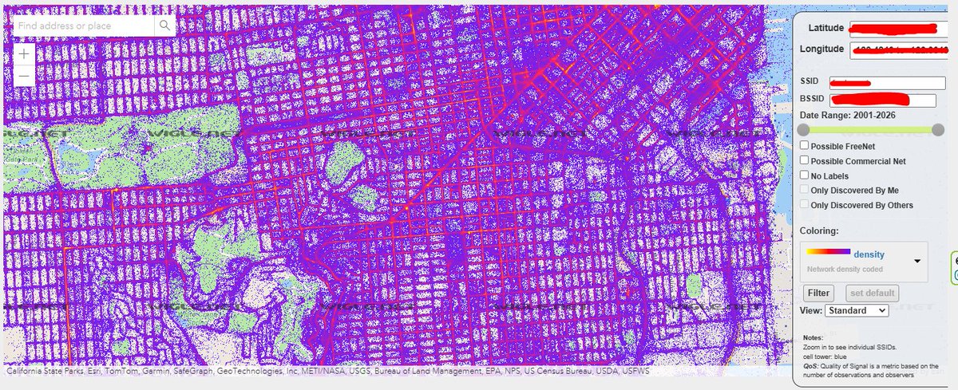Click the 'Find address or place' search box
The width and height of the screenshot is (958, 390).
pos(84,26)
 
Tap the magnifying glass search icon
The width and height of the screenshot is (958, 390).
pos(164,26)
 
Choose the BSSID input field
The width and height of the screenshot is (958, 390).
pos(881,100)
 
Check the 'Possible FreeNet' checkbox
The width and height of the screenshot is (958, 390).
pos(805,146)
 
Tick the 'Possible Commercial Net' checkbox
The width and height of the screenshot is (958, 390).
pos(805,161)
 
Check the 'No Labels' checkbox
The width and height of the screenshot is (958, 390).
pos(805,175)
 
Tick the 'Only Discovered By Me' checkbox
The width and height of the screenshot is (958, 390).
pos(805,190)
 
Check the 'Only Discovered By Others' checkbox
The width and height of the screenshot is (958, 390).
pos(805,205)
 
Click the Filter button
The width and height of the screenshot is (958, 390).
pos(818,293)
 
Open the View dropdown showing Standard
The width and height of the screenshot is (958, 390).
pos(857,310)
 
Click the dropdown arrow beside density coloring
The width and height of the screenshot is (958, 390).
pos(917,261)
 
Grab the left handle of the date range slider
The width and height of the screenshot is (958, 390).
pos(804,129)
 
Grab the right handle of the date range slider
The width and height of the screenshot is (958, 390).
pos(938,129)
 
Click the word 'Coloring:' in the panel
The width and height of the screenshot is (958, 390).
pos(819,230)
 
